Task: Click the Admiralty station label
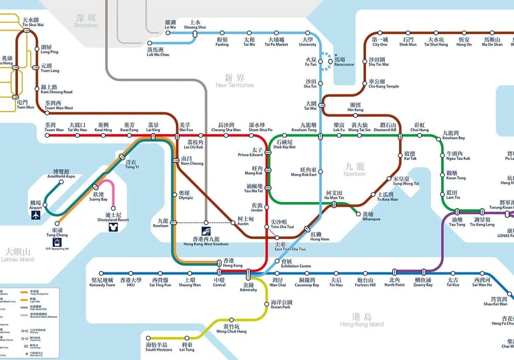click(248, 287)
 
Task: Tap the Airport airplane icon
click(35, 215)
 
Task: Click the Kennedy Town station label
click(102, 282)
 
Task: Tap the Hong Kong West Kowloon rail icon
click(206, 231)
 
